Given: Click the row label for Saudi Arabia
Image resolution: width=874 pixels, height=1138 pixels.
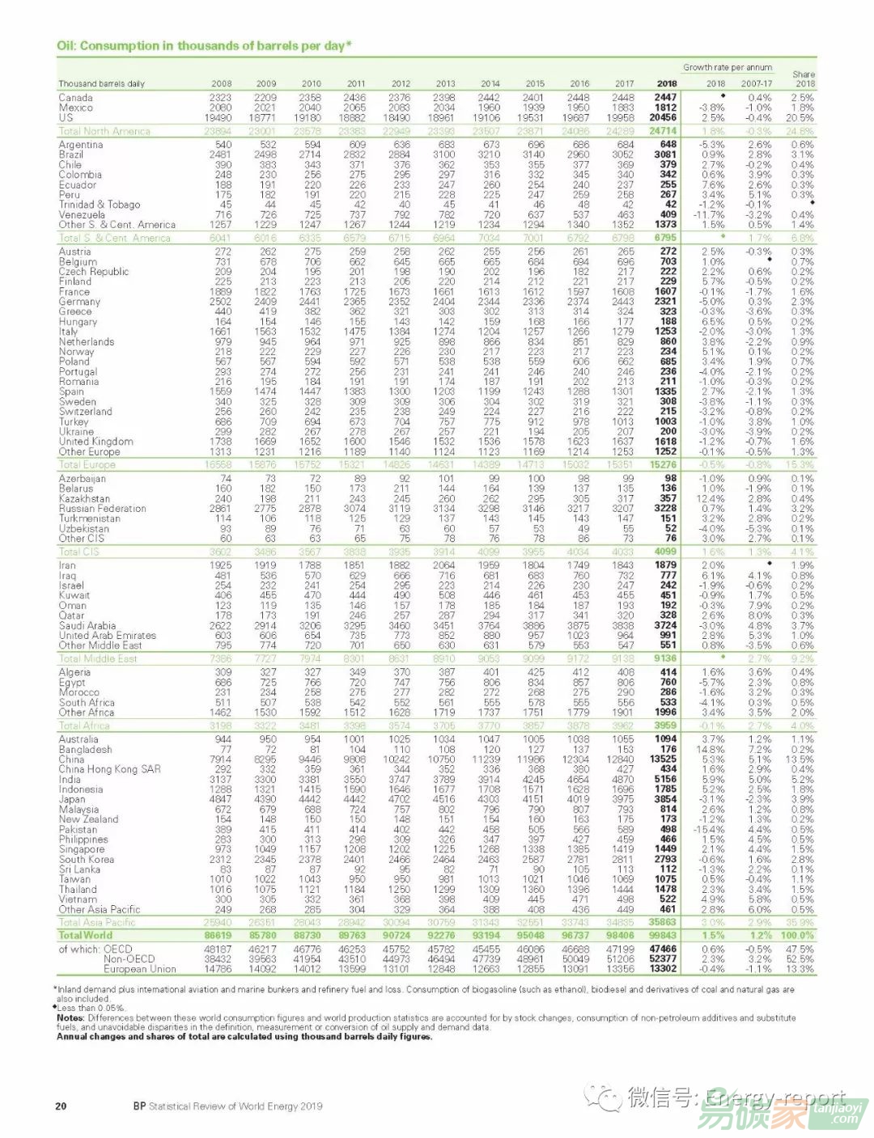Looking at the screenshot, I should tap(87, 625).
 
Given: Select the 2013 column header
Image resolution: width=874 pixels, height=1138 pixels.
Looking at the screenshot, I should tap(445, 83).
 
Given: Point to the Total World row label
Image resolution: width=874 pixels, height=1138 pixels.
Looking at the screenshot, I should tap(86, 935).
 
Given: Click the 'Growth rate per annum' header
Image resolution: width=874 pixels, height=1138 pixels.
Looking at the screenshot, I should tap(728, 68).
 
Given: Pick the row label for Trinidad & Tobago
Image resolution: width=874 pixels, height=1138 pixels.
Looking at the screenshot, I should tap(100, 205).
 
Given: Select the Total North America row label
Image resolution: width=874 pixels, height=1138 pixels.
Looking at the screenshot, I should tap(104, 131).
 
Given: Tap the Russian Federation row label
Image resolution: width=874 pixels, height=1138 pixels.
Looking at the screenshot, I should tap(103, 509).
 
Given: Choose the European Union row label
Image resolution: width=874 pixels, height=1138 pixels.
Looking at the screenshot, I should tap(139, 969).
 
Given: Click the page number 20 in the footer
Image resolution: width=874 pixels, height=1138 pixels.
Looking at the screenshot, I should tap(61, 1106).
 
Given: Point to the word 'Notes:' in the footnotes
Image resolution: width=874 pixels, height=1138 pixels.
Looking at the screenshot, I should tap(70, 1017).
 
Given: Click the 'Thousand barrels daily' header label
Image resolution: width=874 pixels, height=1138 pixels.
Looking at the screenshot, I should tap(102, 83).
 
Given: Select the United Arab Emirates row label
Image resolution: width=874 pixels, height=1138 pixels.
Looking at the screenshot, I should tap(108, 636).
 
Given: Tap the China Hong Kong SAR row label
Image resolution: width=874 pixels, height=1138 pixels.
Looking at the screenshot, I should tap(110, 769).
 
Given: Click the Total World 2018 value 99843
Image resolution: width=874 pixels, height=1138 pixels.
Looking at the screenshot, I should tap(662, 935).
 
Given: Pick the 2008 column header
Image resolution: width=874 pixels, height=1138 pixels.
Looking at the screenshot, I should tap(221, 83).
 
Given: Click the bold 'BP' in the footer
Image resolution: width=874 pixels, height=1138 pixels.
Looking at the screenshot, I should tap(139, 1106).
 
